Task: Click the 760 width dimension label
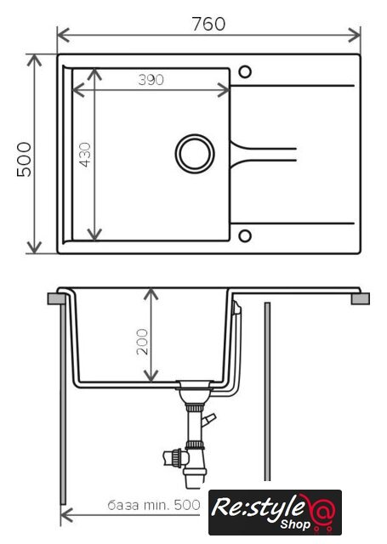click(x=208, y=24)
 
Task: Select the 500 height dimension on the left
click(x=25, y=159)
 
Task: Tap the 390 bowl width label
click(x=151, y=80)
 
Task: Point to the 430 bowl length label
click(x=85, y=155)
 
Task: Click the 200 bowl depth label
click(x=142, y=342)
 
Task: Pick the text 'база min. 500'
click(x=154, y=505)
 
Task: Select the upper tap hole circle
click(x=245, y=71)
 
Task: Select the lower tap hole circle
click(x=245, y=235)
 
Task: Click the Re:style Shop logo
click(x=275, y=512)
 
